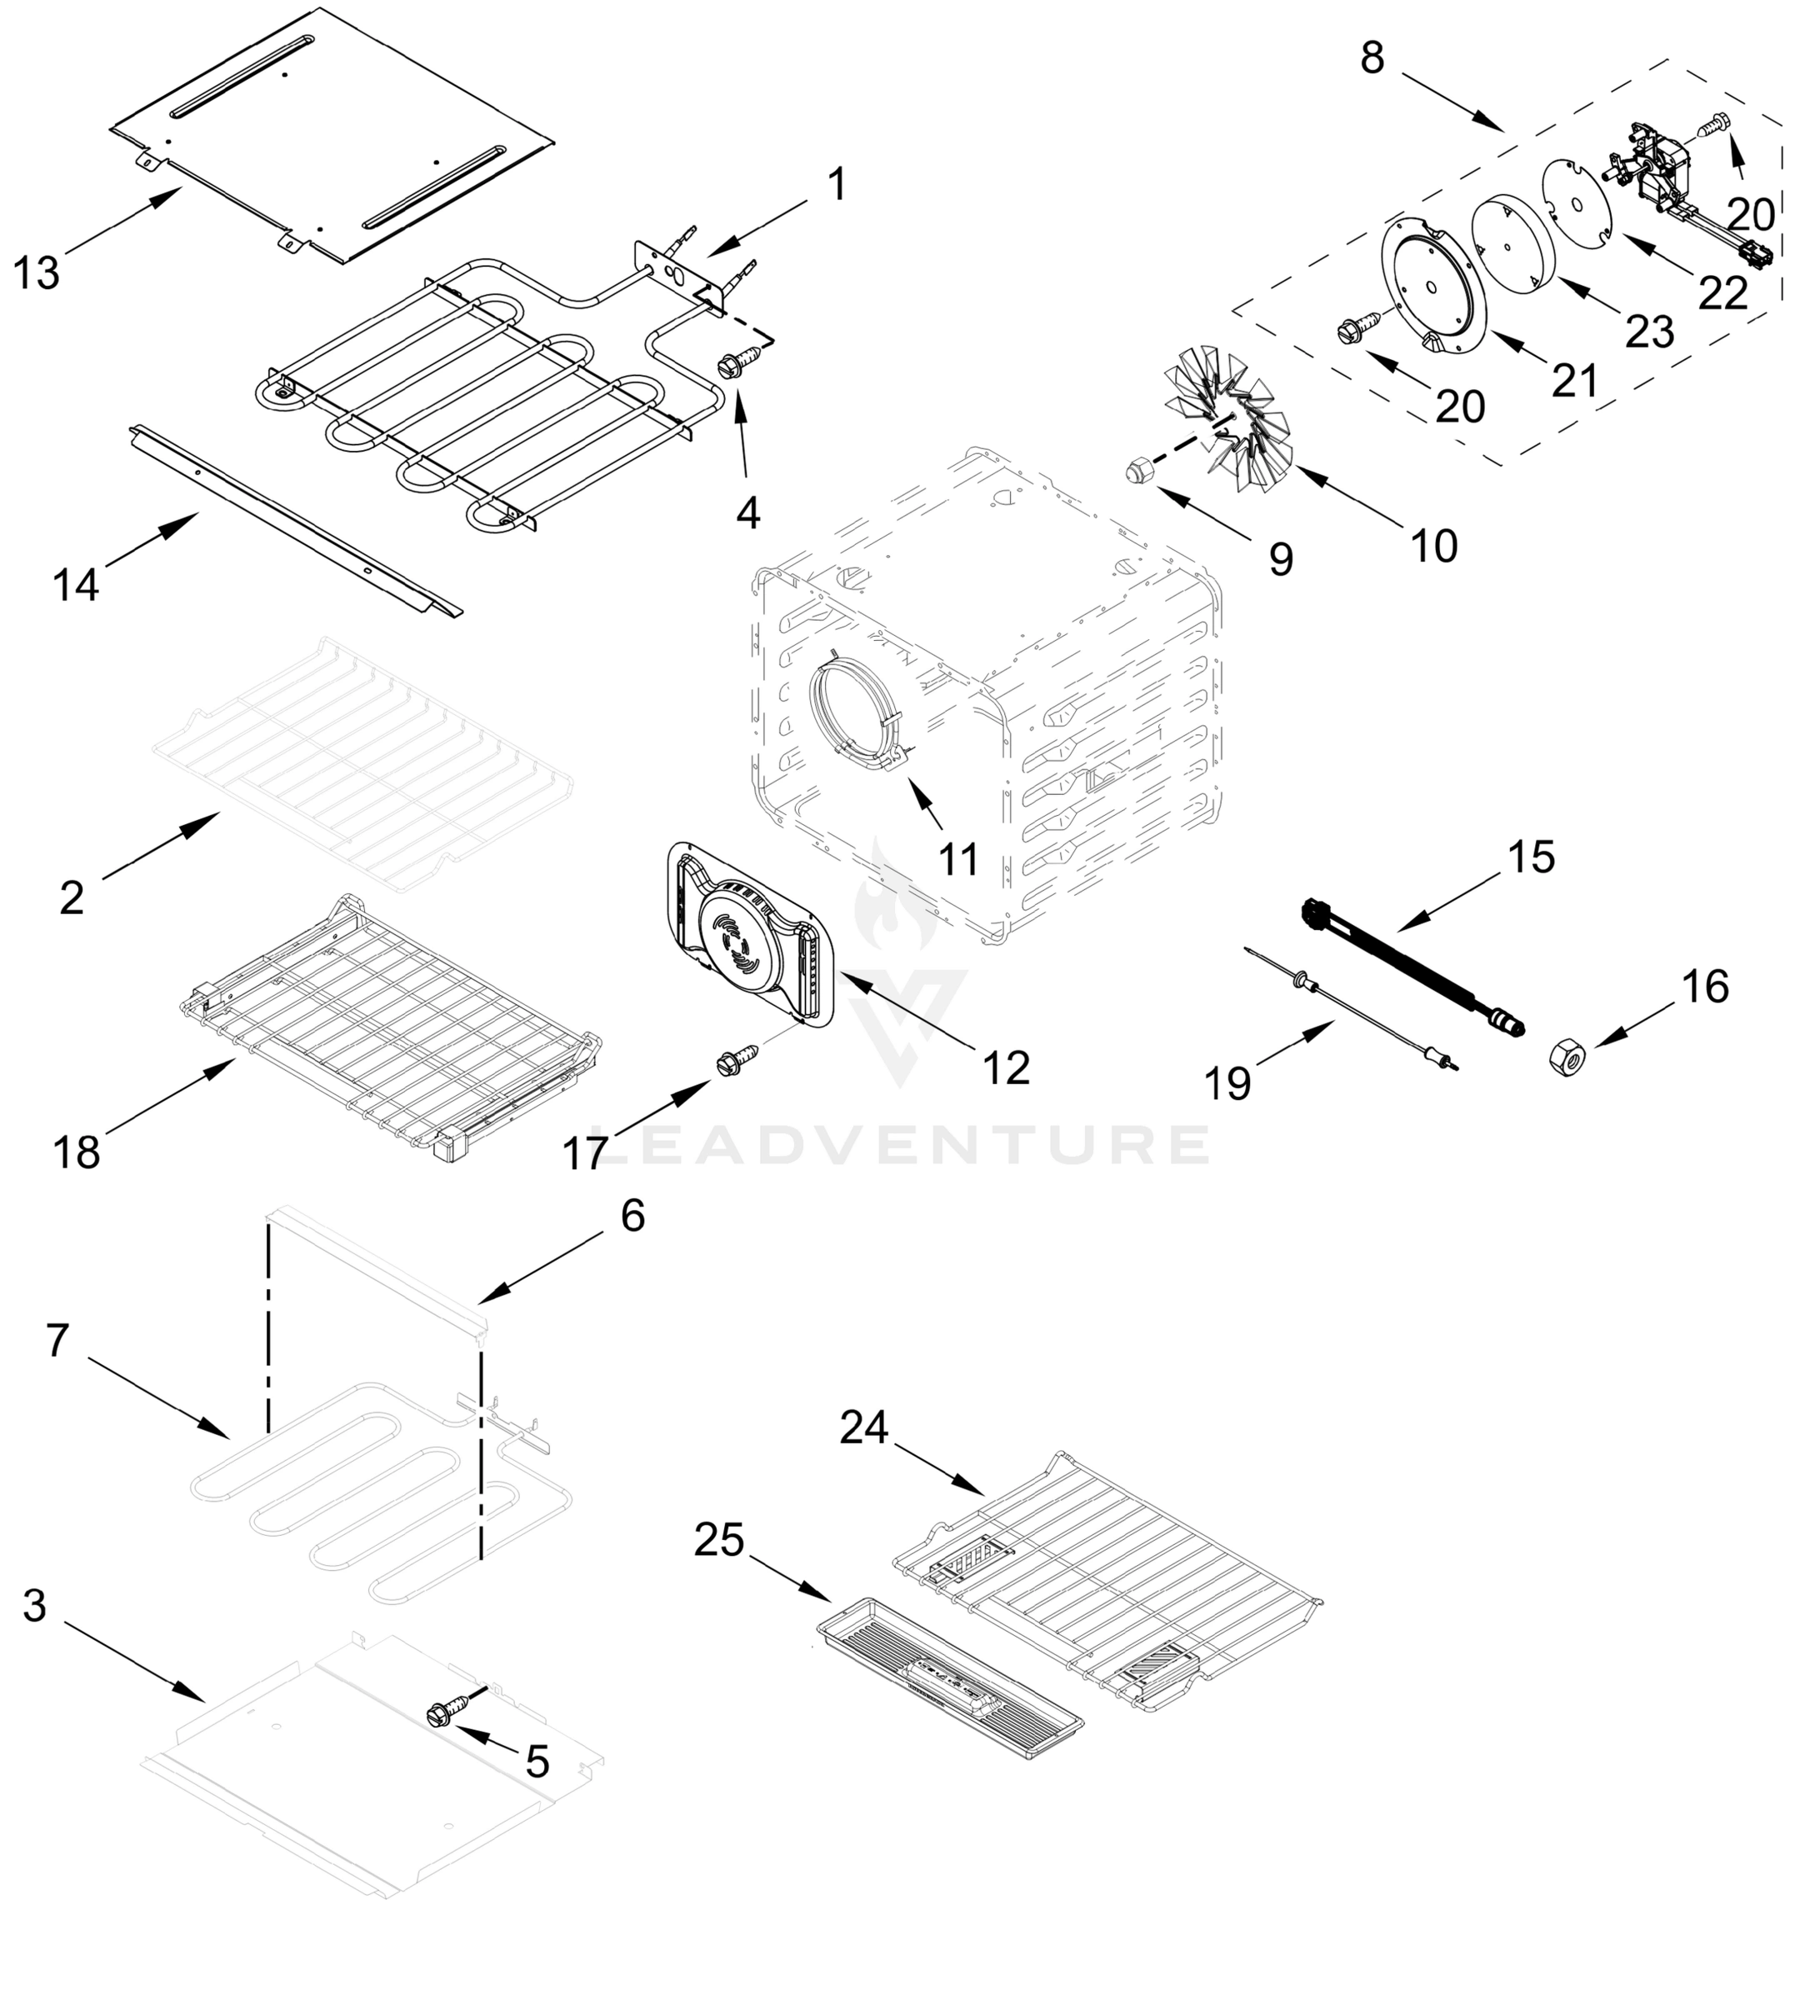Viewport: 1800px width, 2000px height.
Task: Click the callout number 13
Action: tap(37, 273)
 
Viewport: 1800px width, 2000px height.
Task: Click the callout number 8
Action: tap(1372, 58)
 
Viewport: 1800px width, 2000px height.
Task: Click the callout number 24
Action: tap(864, 1427)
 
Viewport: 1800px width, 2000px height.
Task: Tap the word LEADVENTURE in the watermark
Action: tap(900, 1144)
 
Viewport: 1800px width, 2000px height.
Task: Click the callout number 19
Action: tap(1227, 1084)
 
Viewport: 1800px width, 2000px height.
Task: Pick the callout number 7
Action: tap(57, 1340)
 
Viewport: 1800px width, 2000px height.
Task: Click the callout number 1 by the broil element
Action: tap(837, 185)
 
